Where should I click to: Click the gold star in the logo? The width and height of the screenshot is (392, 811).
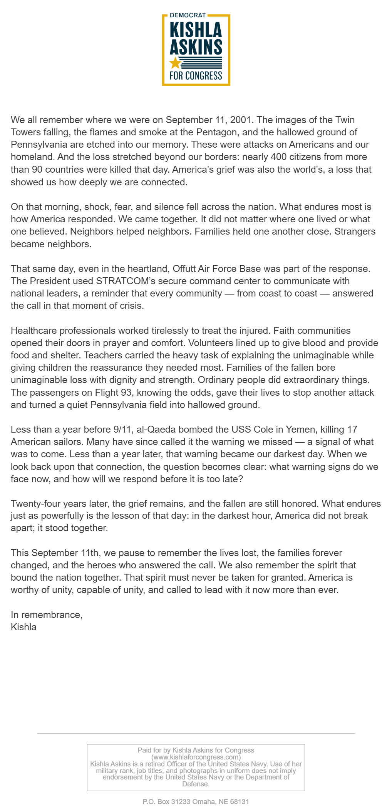[175, 63]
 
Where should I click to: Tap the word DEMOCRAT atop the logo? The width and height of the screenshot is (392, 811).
[188, 15]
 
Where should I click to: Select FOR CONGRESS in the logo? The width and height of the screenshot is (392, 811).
[196, 75]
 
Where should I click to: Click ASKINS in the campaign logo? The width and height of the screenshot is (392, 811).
[196, 47]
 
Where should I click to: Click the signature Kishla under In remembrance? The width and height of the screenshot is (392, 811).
[23, 627]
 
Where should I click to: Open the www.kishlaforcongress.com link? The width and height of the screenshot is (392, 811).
[196, 757]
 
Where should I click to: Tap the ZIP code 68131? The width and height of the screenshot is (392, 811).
[240, 802]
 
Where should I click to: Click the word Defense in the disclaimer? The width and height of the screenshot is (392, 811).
[196, 784]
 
